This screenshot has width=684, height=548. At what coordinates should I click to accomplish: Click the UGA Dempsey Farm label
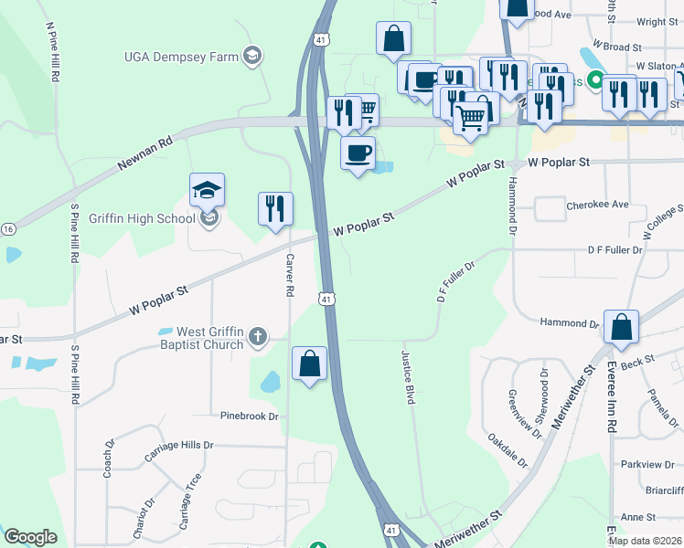pyautogui.click(x=181, y=57)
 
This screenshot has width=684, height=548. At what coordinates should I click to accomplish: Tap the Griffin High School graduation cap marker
pyautogui.click(x=207, y=190)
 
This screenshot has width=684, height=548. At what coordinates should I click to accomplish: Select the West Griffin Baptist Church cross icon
pyautogui.click(x=259, y=337)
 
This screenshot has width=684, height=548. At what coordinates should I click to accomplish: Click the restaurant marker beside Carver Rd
pyautogui.click(x=275, y=209)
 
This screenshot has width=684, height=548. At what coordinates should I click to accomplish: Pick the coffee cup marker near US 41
pyautogui.click(x=358, y=152)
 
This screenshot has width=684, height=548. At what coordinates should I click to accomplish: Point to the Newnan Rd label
pyautogui.click(x=144, y=155)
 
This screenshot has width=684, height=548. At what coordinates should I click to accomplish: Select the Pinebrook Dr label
pyautogui.click(x=249, y=416)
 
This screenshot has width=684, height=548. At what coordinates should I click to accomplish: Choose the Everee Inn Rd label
pyautogui.click(x=611, y=398)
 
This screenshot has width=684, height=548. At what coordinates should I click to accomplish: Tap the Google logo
pyautogui.click(x=30, y=537)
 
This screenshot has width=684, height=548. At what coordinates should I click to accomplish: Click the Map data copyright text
pyautogui.click(x=646, y=541)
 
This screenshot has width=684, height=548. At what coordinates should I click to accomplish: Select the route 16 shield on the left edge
pyautogui.click(x=7, y=228)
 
